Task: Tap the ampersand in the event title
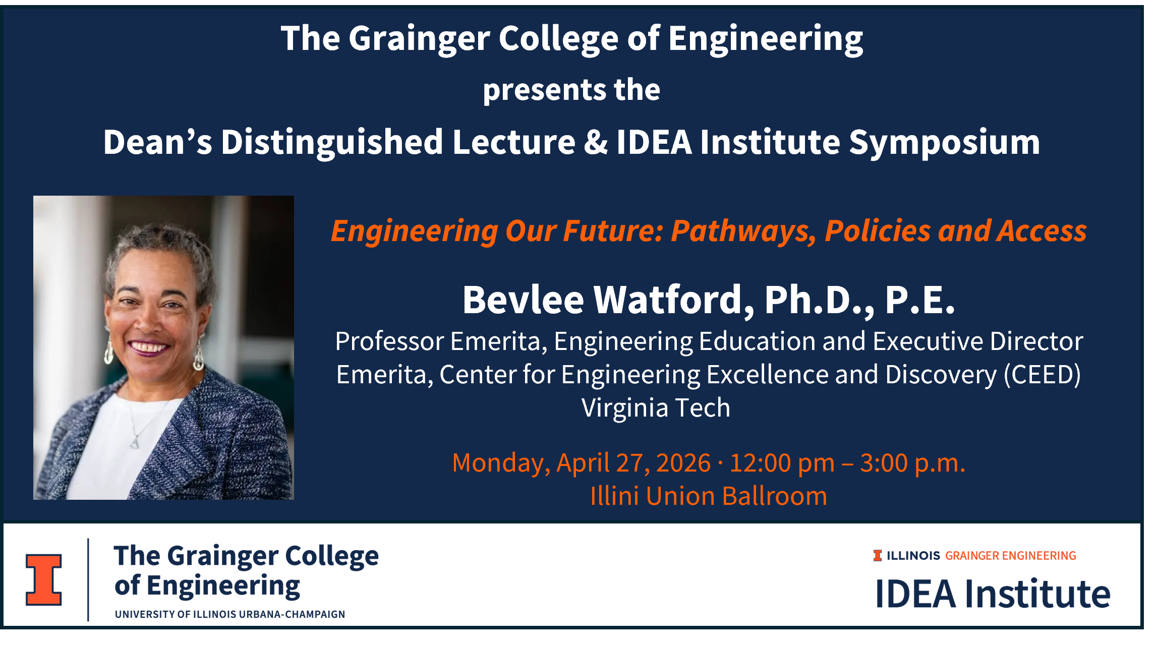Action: tap(596, 142)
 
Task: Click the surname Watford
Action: tap(674, 301)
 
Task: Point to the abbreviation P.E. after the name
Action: tap(920, 301)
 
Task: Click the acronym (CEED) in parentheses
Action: tap(1043, 375)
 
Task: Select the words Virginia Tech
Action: tap(656, 407)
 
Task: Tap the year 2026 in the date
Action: tap(683, 463)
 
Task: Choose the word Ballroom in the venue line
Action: tap(775, 496)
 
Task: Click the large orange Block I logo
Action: tap(44, 579)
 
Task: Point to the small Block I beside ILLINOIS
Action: tap(878, 556)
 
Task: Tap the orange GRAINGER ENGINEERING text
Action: tap(1011, 556)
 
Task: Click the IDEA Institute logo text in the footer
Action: tap(993, 594)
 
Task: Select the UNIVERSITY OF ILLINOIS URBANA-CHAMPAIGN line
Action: tap(230, 614)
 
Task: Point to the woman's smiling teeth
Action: tap(147, 347)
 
